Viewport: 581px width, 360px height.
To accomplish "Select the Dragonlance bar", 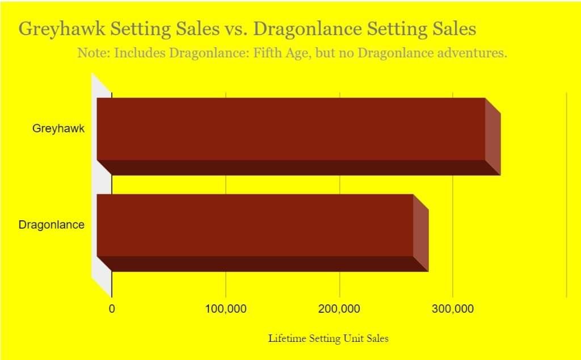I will [255, 225].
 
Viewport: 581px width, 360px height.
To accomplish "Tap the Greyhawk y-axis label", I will [58, 129].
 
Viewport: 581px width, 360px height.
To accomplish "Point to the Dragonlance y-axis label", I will [52, 225].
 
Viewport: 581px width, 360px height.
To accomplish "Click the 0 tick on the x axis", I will [112, 309].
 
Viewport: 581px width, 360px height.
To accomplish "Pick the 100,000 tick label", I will [226, 309].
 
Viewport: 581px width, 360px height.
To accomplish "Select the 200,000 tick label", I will [340, 309].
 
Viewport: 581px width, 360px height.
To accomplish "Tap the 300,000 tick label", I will [453, 309].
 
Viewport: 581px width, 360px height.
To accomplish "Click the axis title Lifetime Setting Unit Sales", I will [329, 338].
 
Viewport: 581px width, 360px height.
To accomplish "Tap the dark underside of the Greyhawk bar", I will [295, 168].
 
